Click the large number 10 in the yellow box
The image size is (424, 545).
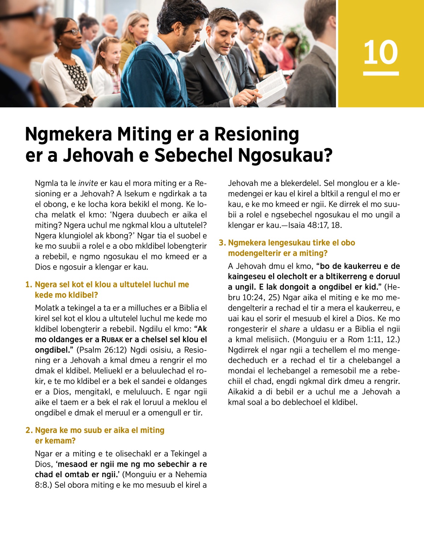click(x=381, y=52)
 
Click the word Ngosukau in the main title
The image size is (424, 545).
click(x=285, y=155)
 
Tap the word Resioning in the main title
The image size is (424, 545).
click(x=257, y=134)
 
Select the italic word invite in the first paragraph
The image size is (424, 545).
click(x=88, y=183)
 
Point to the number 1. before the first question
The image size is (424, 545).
click(x=29, y=285)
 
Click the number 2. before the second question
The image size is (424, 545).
click(x=29, y=431)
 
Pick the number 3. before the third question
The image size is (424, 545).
click(x=222, y=243)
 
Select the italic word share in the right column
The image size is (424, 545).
click(x=289, y=329)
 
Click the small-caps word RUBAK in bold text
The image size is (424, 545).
click(x=112, y=340)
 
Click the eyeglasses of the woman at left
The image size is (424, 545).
click(x=73, y=32)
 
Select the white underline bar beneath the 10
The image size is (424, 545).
click(x=381, y=73)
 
